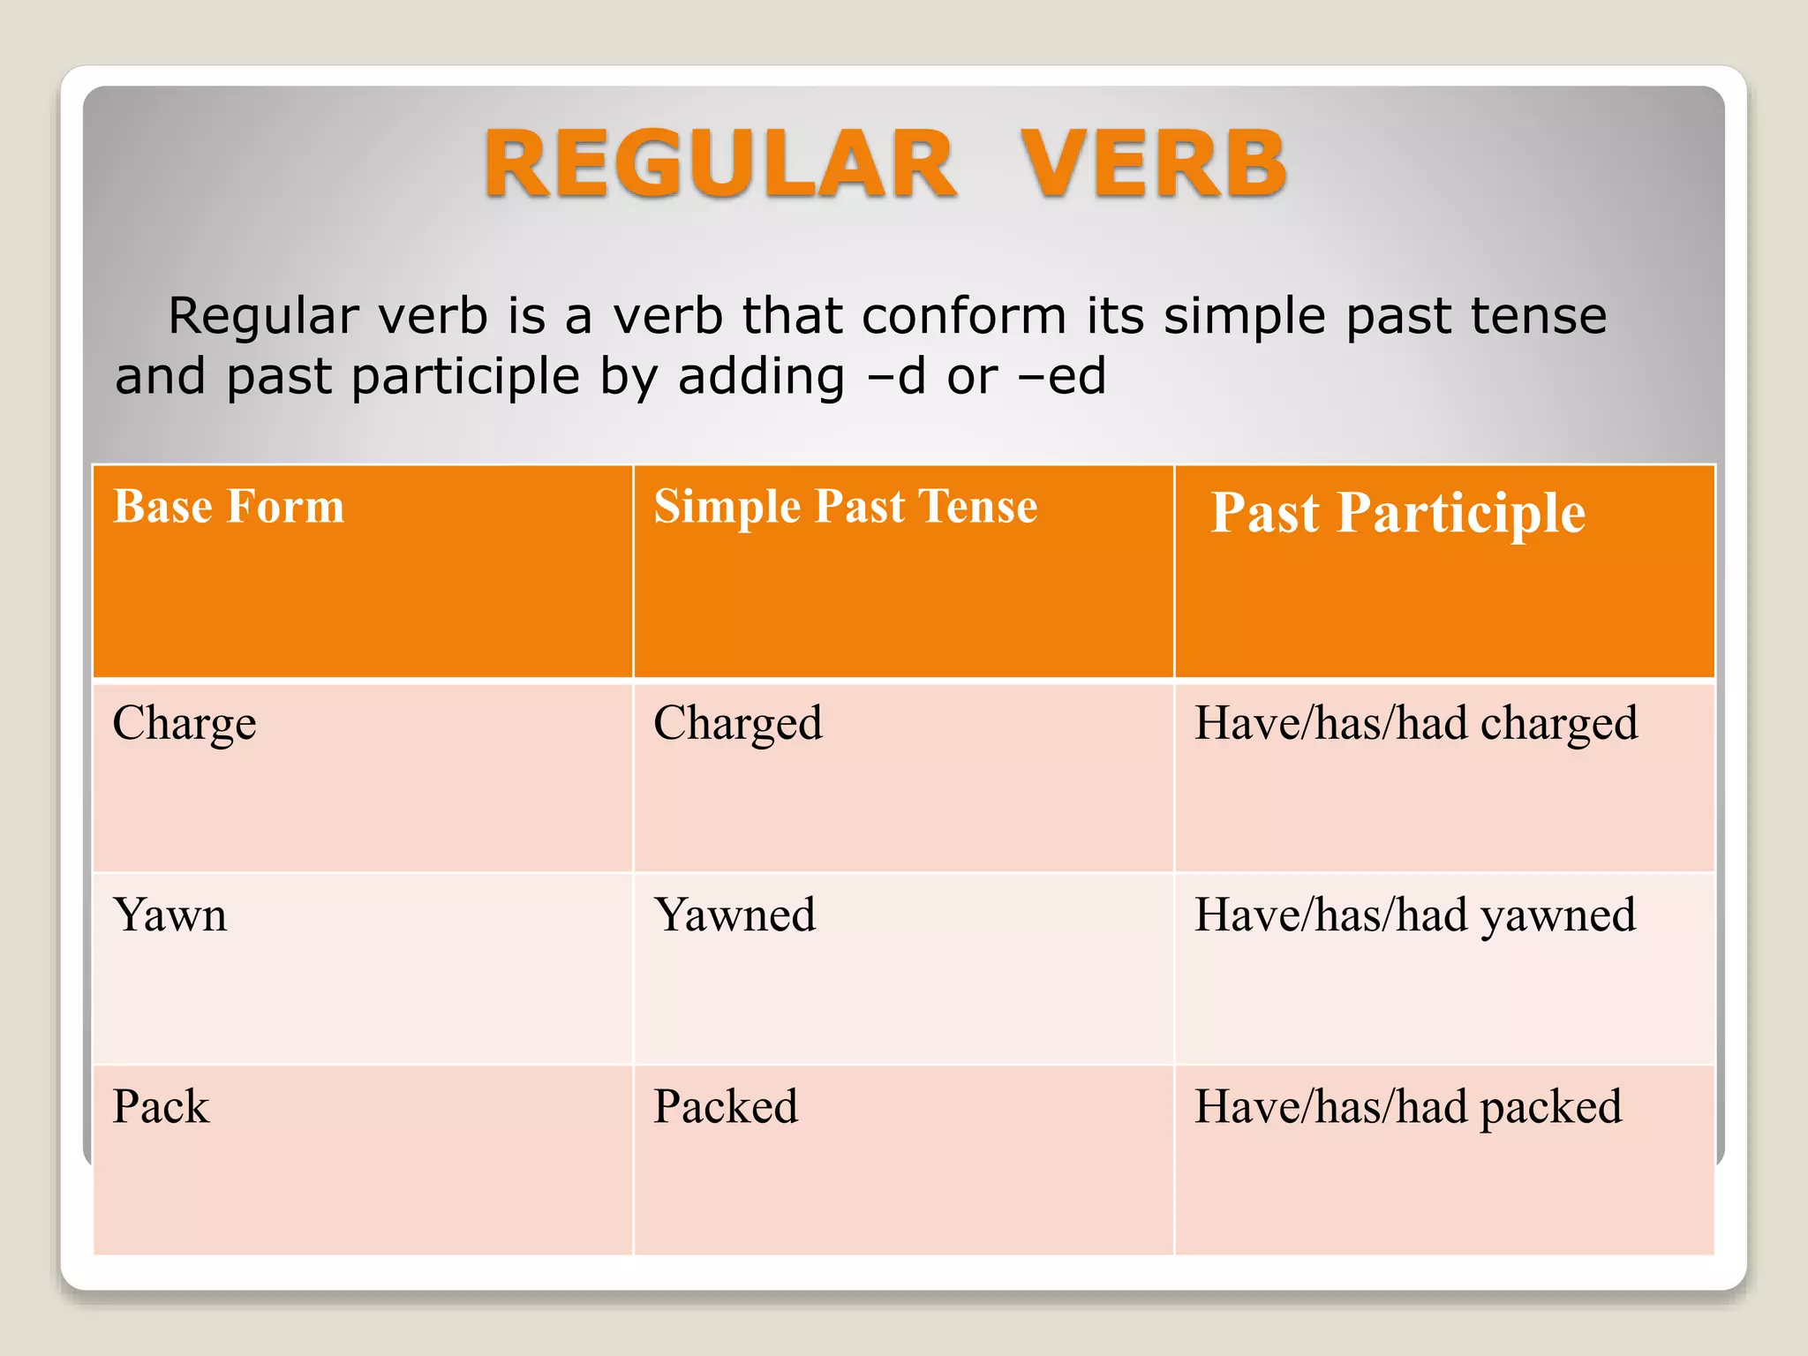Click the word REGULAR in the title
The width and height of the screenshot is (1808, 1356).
click(x=719, y=164)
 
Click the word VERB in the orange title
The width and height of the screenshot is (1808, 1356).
click(x=1153, y=164)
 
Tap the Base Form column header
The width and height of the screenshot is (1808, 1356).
click(x=229, y=507)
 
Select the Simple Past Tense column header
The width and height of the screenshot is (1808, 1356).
click(x=845, y=507)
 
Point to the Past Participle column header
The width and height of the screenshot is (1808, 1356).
click(x=1397, y=513)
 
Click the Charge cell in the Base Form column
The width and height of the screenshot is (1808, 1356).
click(x=185, y=724)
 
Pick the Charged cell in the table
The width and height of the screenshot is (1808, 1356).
click(x=737, y=724)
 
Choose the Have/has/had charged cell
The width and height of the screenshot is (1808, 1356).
click(x=1415, y=724)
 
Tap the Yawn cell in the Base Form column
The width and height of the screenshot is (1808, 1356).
click(x=170, y=915)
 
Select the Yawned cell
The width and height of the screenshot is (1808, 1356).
click(x=734, y=915)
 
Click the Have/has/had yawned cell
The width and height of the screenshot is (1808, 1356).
click(x=1414, y=915)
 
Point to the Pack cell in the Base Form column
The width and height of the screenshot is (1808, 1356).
click(x=161, y=1107)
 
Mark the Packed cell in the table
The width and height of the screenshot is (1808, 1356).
click(x=726, y=1107)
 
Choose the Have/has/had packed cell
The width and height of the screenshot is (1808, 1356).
click(x=1407, y=1107)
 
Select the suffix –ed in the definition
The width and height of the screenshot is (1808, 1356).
click(x=1062, y=376)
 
